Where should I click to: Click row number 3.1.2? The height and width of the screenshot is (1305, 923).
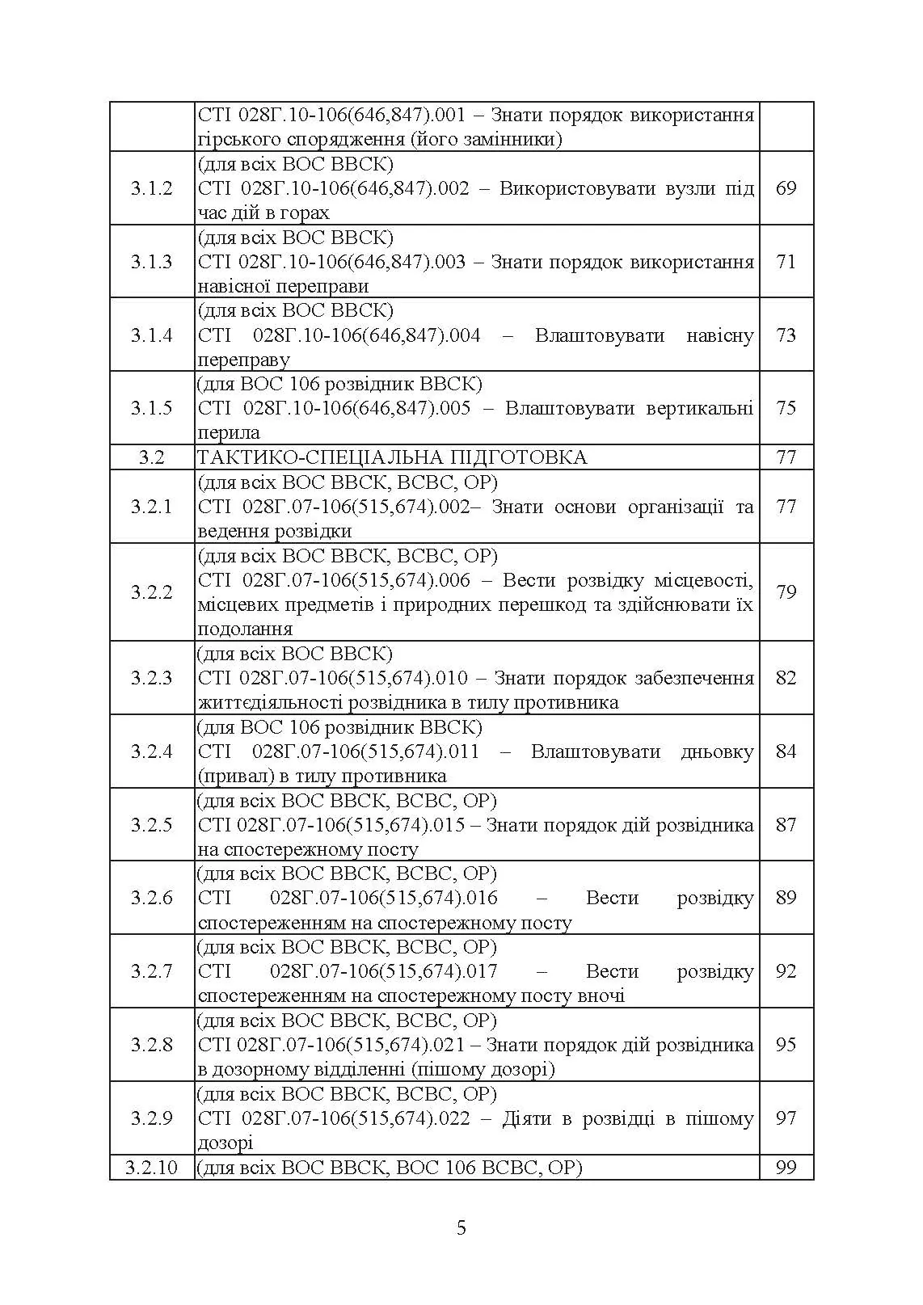tap(151, 188)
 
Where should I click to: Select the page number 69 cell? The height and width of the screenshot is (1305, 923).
tap(786, 188)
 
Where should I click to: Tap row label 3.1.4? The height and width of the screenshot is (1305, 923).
tap(151, 335)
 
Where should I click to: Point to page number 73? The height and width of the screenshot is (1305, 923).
tap(786, 335)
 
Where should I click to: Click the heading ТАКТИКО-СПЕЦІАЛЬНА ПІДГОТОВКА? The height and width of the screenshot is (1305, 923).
tap(392, 457)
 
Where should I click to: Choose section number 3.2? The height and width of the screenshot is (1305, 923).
tap(151, 457)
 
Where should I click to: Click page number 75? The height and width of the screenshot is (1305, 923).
tap(786, 408)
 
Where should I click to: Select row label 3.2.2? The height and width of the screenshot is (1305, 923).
tap(151, 592)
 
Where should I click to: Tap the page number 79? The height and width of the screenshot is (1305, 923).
tap(786, 592)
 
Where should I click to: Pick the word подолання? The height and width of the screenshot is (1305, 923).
tap(245, 629)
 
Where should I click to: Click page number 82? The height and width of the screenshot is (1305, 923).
tap(786, 678)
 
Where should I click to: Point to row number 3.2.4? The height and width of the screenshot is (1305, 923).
tap(151, 751)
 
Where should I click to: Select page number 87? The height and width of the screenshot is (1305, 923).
tap(786, 825)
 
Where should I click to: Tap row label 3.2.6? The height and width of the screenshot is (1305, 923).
tap(151, 898)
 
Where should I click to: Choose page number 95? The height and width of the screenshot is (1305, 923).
tap(786, 1045)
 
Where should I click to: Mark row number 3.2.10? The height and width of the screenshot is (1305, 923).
tap(151, 1168)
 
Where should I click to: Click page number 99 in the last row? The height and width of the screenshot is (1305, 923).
tap(786, 1168)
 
